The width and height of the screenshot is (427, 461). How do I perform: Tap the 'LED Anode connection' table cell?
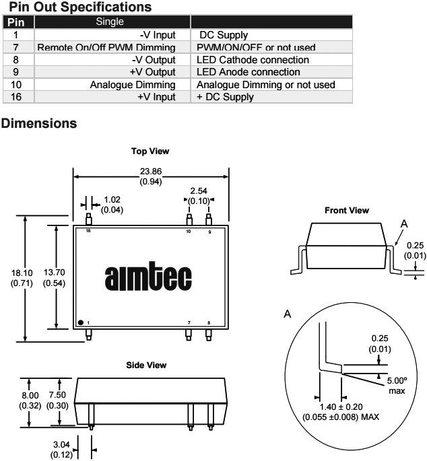click(x=248, y=71)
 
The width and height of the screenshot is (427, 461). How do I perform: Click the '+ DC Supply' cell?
click(x=225, y=97)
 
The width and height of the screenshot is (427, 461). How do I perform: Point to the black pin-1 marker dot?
click(x=81, y=322)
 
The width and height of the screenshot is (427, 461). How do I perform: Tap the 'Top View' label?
click(x=150, y=151)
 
